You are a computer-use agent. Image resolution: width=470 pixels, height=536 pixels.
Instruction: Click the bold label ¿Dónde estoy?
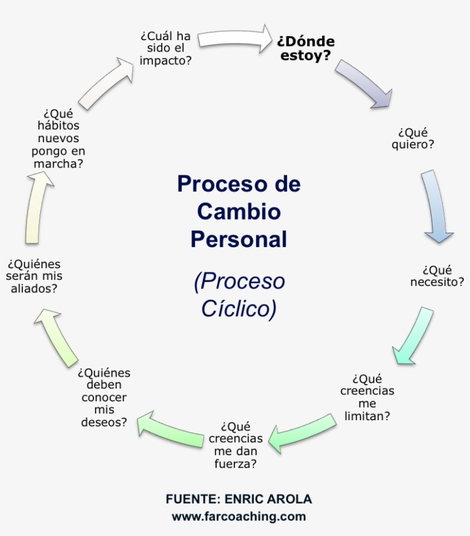(305, 49)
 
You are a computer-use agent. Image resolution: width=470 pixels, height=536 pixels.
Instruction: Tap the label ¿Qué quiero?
(413, 138)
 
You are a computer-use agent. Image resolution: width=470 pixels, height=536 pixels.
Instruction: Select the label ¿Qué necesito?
(437, 276)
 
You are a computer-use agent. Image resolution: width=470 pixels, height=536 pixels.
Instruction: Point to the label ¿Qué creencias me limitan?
(367, 397)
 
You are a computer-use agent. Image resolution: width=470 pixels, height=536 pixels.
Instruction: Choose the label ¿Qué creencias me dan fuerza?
(236, 445)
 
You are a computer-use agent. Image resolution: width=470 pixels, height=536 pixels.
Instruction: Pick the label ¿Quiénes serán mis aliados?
(34, 276)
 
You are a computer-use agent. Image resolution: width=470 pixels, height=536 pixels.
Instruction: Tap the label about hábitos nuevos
(58, 138)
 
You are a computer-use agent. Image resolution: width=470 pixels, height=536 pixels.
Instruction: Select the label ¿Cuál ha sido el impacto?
(166, 48)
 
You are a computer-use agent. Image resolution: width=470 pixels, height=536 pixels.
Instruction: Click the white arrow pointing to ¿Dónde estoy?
(235, 38)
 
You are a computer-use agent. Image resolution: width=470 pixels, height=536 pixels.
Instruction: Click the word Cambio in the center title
(238, 212)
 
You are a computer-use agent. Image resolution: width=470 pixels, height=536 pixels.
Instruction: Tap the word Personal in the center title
(238, 239)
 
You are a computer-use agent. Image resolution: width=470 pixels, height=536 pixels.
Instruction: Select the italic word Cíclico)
(238, 308)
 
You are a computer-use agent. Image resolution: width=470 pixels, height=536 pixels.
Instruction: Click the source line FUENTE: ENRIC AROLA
(238, 499)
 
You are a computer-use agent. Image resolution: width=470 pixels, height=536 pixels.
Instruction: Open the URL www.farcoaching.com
(238, 516)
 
